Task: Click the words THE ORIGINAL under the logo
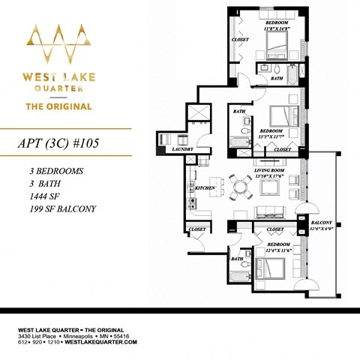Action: coord(59,106)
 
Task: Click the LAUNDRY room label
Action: coord(182,149)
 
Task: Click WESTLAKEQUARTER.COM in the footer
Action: coord(104,342)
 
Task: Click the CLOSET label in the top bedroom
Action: coord(241,40)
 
